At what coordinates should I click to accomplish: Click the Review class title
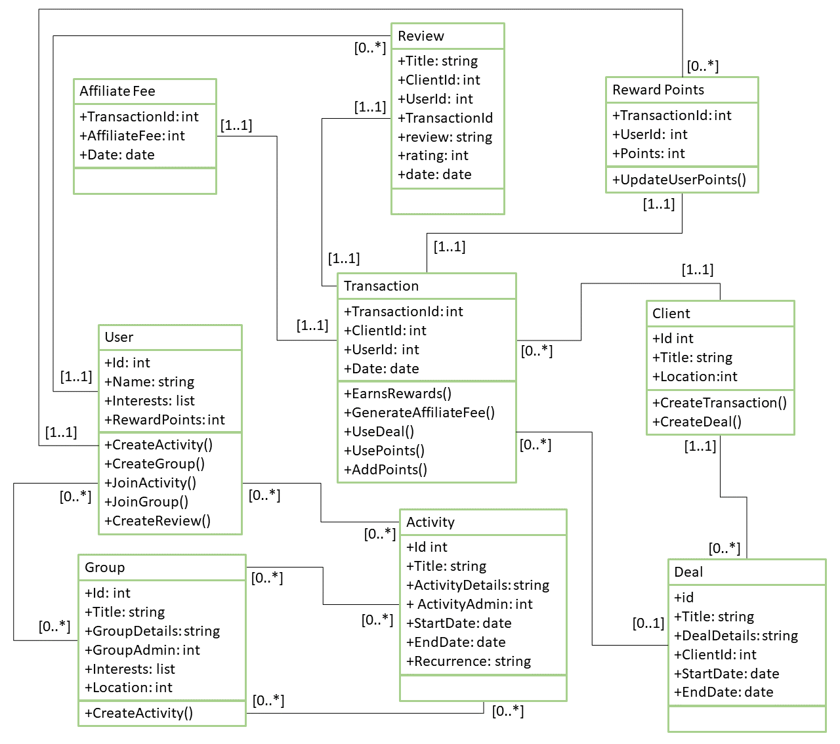click(x=421, y=36)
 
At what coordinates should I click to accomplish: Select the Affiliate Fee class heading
click(x=117, y=91)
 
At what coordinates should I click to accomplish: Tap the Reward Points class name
click(x=658, y=89)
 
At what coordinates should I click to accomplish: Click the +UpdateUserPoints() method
click(x=679, y=180)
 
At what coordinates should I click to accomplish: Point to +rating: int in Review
click(x=433, y=155)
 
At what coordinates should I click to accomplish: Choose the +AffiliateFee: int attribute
click(x=133, y=136)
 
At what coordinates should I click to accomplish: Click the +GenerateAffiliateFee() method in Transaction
click(x=419, y=413)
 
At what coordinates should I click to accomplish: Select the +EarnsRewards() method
click(x=398, y=394)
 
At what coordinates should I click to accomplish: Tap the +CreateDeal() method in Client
click(x=696, y=421)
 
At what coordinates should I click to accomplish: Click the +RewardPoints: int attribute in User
click(x=165, y=420)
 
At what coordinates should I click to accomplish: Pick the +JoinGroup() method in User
click(x=146, y=502)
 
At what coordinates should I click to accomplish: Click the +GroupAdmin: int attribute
click(x=142, y=650)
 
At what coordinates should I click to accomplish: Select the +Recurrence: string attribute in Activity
click(x=469, y=661)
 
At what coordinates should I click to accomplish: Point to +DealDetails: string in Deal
click(x=736, y=635)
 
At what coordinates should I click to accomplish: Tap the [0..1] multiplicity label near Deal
click(x=648, y=623)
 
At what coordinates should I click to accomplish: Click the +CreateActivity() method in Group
click(x=139, y=713)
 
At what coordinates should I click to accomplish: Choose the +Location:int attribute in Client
click(x=695, y=377)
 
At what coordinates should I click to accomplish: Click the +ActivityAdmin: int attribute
click(x=469, y=604)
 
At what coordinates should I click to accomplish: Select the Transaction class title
click(x=381, y=286)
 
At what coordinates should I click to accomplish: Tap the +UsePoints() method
click(x=384, y=451)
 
